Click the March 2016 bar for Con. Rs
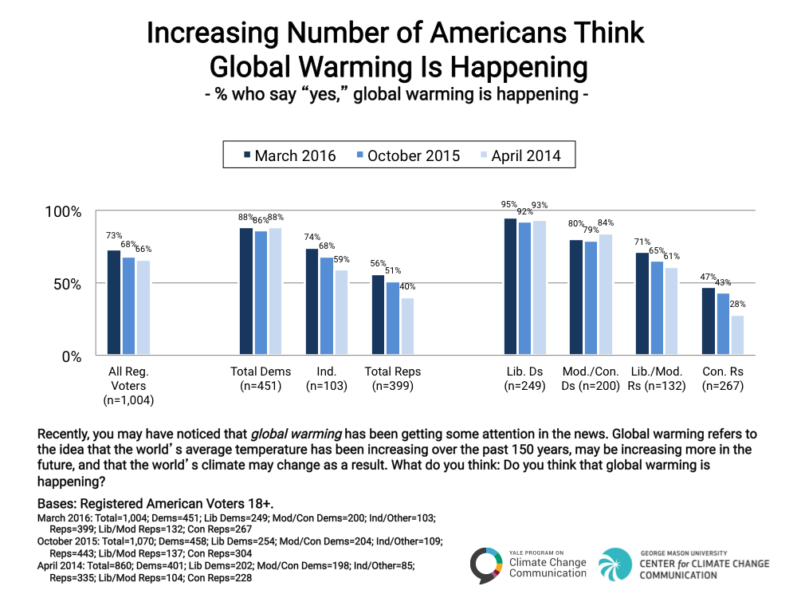click(709, 321)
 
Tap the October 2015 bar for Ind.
click(327, 306)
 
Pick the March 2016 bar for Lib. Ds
click(510, 287)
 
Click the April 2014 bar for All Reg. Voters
click(143, 308)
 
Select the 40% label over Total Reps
click(407, 287)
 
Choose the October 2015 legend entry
click(407, 155)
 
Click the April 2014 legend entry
click(519, 155)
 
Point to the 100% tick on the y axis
click(61, 211)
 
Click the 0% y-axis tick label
click(69, 356)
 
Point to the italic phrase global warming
click(296, 435)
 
